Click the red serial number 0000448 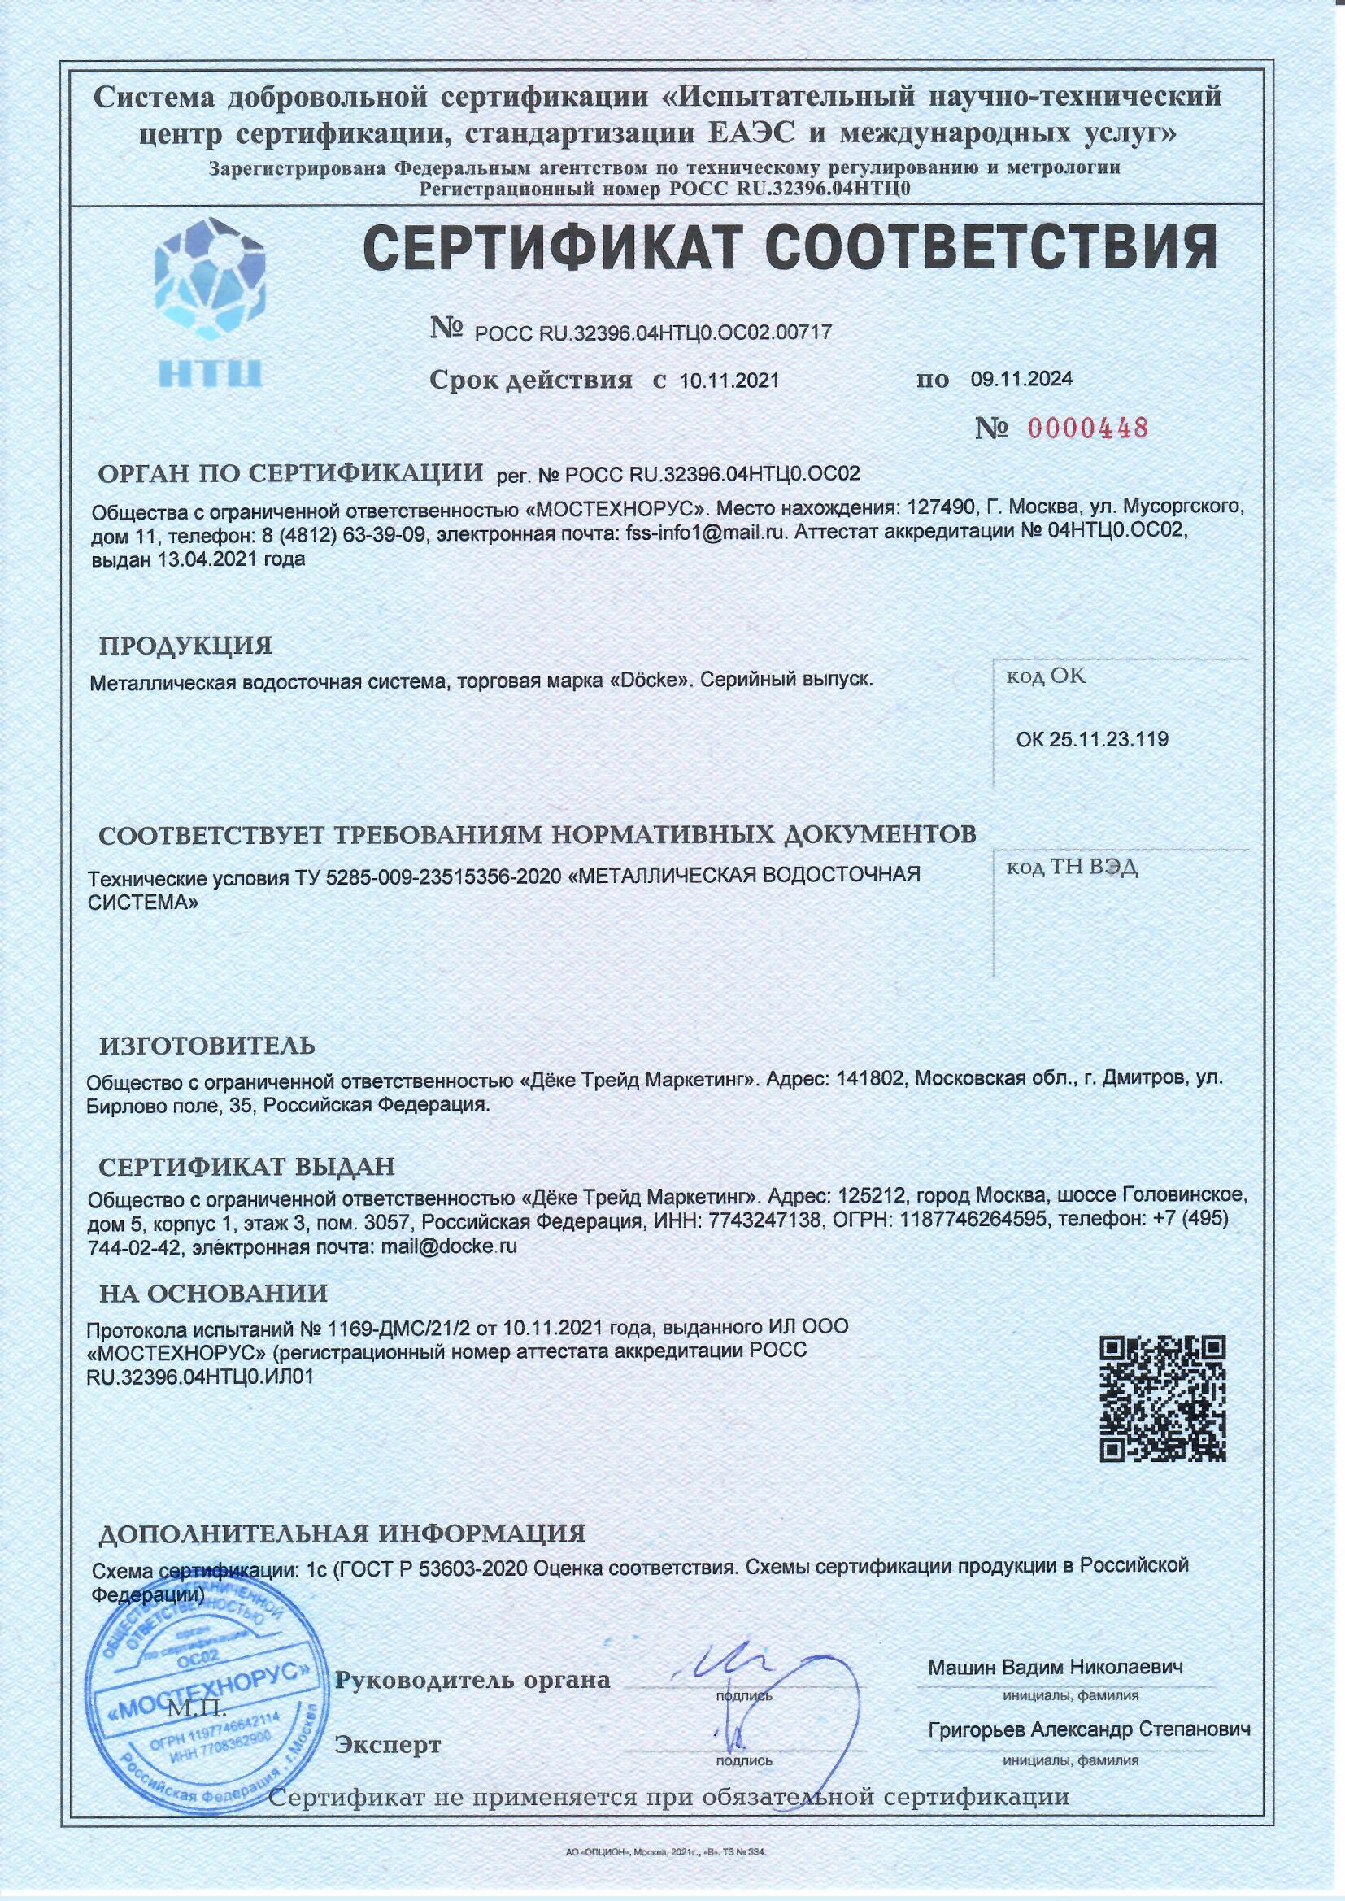1087,428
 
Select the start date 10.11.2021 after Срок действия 729,381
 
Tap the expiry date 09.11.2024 1021,379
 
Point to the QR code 1162,1399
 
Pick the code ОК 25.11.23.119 1091,739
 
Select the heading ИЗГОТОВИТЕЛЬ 207,1046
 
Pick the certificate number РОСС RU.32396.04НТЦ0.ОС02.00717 653,333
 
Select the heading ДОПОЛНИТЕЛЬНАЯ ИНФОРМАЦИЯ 342,1533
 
